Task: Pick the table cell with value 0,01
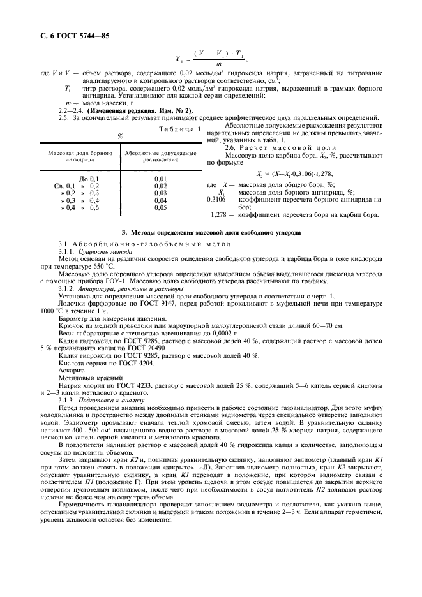pyautogui.click(x=160, y=179)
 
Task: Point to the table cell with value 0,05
pyautogui.click(x=160, y=208)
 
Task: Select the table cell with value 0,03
pyautogui.click(x=160, y=193)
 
